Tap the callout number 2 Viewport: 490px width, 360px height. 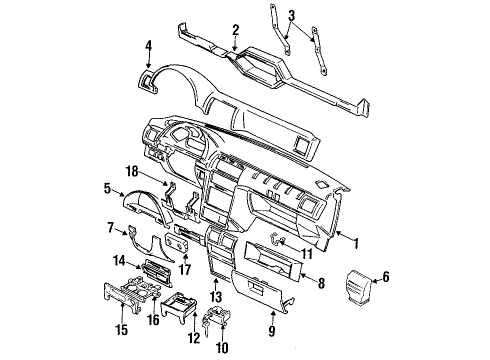[235, 29]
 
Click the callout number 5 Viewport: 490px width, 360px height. [107, 186]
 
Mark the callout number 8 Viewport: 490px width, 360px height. [322, 284]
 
